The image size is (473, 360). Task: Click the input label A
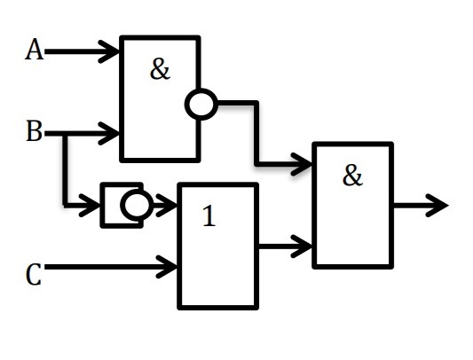34,50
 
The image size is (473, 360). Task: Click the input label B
34,131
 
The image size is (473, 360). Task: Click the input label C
34,274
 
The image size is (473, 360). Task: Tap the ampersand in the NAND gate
160,69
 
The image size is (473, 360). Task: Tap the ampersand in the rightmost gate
352,176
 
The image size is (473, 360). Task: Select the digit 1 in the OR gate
209,215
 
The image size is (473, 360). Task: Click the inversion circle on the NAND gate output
201,104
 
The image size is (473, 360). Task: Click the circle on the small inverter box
137,205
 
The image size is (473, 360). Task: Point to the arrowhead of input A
109,51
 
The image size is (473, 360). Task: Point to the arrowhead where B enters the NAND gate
109,133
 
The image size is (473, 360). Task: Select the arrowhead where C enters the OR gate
167,267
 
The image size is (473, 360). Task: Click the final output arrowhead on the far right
437,206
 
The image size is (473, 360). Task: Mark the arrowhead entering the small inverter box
90,206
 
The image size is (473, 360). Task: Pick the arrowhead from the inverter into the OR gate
167,206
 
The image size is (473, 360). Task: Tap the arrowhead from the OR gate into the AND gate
302,247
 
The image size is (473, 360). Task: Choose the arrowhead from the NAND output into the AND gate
302,164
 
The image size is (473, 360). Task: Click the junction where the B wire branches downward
65,134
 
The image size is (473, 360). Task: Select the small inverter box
122,205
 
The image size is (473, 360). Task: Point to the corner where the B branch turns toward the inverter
65,206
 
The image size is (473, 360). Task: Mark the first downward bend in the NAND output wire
256,103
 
